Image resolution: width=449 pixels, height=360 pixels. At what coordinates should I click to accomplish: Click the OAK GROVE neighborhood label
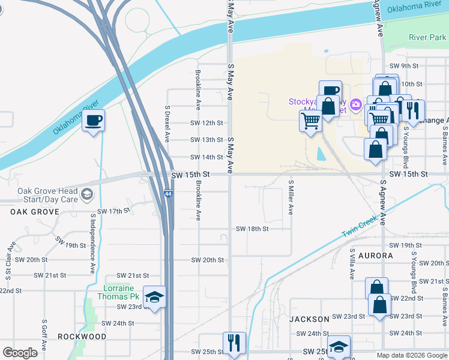(34, 212)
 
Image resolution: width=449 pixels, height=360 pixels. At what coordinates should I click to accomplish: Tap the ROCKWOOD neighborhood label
(82, 337)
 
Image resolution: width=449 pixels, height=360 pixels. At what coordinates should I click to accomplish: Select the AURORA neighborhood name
(375, 256)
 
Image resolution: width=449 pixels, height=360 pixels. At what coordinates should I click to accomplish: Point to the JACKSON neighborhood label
(310, 319)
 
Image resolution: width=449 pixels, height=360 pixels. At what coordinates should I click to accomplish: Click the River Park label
(427, 37)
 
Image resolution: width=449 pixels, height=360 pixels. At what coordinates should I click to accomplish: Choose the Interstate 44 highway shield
(169, 194)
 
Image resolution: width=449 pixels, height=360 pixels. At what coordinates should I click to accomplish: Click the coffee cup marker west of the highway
(93, 121)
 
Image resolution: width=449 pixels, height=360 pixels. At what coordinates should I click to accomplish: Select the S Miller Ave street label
(291, 197)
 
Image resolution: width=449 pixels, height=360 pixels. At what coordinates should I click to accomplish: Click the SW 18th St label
(252, 229)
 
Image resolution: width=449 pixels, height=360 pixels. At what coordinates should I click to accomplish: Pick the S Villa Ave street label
(352, 264)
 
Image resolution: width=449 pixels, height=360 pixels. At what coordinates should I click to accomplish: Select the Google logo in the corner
(20, 353)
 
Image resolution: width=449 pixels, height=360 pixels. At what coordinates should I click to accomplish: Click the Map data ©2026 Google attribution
(412, 355)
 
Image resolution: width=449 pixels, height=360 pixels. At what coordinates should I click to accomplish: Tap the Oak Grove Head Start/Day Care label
(48, 195)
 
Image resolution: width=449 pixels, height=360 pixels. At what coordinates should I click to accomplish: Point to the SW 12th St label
(206, 123)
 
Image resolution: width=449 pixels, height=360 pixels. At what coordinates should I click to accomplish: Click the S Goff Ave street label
(44, 338)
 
